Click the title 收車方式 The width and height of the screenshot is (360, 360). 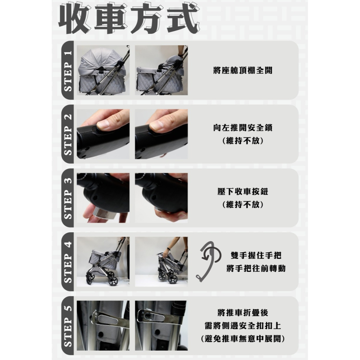(129, 18)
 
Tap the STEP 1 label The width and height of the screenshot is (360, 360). (68, 71)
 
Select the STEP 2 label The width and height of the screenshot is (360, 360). (68, 135)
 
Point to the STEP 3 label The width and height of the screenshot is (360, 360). (68, 198)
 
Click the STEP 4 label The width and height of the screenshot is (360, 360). (68, 262)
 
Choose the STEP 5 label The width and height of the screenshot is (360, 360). (68, 326)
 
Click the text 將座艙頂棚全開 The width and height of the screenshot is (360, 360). (243, 70)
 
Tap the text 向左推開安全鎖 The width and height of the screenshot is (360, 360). (243, 128)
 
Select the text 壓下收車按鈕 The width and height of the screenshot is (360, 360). (243, 192)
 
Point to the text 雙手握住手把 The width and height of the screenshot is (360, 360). (256, 255)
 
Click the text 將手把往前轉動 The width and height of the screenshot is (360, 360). (256, 268)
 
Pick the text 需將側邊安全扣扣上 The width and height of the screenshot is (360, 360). (243, 325)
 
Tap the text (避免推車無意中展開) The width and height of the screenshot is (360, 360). (243, 339)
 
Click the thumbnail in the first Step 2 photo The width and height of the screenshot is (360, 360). (105, 124)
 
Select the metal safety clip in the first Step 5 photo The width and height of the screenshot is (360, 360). (108, 319)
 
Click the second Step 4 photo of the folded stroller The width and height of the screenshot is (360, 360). (161, 262)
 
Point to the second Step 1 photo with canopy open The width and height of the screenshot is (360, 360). (161, 70)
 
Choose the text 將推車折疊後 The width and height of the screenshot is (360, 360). (243, 313)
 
